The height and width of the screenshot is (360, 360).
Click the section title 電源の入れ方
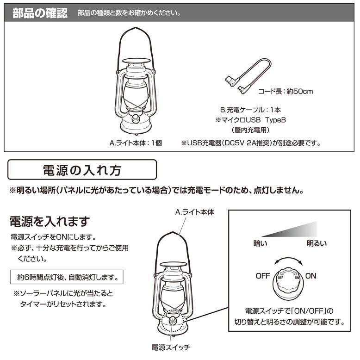pyautogui.click(x=82, y=170)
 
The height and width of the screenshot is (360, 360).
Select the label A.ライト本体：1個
pyautogui.click(x=136, y=143)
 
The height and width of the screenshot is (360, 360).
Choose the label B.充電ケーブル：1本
pyautogui.click(x=250, y=110)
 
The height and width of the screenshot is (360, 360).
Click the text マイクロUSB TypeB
pyautogui.click(x=250, y=120)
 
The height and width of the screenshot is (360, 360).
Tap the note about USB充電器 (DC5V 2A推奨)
pyautogui.click(x=251, y=143)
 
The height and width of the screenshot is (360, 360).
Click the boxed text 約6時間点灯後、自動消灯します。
pyautogui.click(x=67, y=278)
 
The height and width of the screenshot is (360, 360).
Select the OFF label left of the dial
pyautogui.click(x=262, y=276)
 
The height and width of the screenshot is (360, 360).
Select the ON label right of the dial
pyautogui.click(x=311, y=276)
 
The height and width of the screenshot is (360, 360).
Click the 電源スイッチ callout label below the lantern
pyautogui.click(x=171, y=347)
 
